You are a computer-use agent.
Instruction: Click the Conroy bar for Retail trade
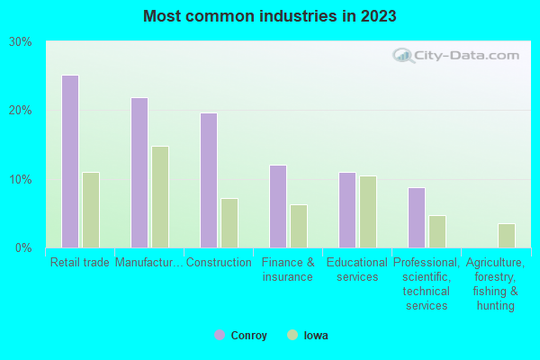point(69,161)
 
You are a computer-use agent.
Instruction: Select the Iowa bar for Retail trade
point(90,210)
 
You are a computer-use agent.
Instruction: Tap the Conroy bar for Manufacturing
point(139,173)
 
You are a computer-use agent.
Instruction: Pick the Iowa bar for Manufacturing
point(159,197)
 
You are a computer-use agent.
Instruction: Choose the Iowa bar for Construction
point(229,223)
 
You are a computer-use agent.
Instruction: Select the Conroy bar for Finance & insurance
point(277,206)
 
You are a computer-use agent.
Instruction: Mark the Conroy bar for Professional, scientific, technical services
point(416,218)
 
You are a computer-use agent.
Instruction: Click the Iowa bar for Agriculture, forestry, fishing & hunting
point(506,236)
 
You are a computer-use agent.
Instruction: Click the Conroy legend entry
point(240,336)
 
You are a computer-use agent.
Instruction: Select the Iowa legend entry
point(308,336)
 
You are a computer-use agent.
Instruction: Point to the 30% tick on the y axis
point(20,41)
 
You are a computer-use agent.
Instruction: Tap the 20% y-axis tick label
point(20,111)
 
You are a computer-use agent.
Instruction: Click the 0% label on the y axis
point(23,247)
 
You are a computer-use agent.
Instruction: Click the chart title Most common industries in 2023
point(269,16)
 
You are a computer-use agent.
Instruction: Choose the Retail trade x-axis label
point(79,263)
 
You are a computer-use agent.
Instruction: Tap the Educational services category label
point(357,270)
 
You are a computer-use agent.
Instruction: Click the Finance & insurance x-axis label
point(288,270)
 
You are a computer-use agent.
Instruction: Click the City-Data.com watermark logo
point(456,56)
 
